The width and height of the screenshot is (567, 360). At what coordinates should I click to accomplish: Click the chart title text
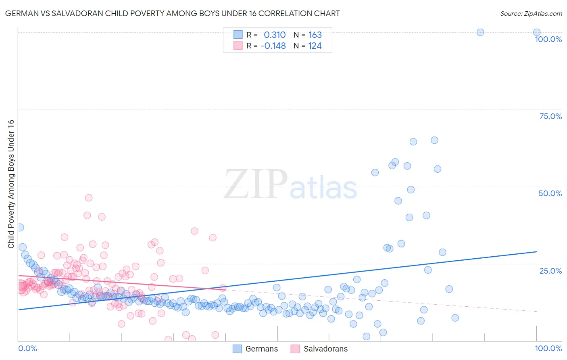click(172, 13)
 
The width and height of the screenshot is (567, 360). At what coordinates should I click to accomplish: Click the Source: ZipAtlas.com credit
click(531, 13)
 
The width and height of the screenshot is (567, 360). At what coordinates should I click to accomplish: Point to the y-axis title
click(11, 184)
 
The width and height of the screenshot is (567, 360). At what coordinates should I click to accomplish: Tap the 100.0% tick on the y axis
click(548, 39)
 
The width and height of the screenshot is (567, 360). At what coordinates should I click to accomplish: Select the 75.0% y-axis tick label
click(550, 116)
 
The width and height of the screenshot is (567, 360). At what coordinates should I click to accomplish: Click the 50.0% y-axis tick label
click(550, 193)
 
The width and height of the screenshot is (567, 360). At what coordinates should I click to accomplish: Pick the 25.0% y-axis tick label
click(550, 270)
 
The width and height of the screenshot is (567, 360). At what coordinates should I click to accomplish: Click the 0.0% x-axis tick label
click(27, 348)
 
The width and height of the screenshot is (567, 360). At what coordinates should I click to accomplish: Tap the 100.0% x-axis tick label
click(548, 348)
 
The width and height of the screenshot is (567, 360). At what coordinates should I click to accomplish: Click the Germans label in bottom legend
click(261, 349)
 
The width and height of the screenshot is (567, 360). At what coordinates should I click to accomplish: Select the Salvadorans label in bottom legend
click(325, 349)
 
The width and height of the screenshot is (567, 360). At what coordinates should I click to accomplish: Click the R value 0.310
click(275, 35)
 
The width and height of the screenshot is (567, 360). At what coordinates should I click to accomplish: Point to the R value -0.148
click(273, 46)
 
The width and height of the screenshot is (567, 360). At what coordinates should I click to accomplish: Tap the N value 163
click(315, 35)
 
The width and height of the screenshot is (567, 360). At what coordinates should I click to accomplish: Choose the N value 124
click(315, 46)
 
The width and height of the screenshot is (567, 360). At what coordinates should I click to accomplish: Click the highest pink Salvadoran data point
click(89, 198)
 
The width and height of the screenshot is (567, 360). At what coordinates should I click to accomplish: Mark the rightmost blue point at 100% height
click(537, 32)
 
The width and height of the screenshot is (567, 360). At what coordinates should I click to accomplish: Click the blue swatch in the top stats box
click(238, 35)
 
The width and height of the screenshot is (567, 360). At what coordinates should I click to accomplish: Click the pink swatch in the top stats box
click(238, 46)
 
